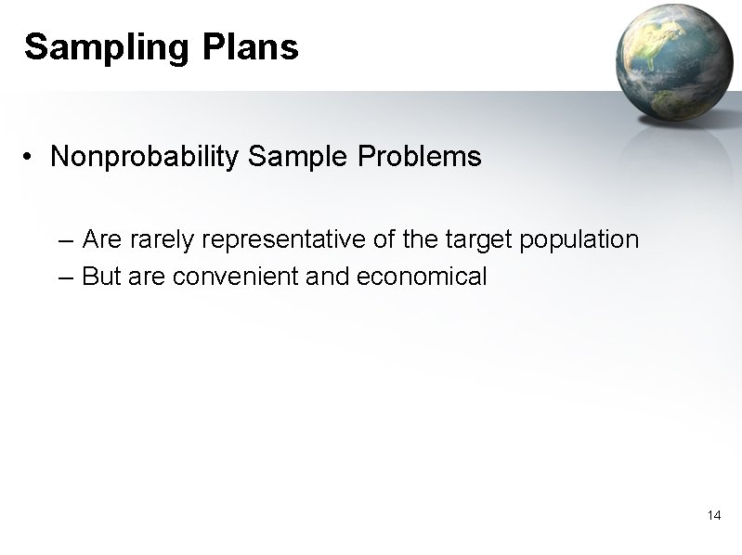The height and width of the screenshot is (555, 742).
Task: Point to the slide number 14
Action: click(714, 515)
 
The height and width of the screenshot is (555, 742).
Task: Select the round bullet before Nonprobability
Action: click(32, 158)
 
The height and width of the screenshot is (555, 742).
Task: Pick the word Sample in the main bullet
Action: click(297, 157)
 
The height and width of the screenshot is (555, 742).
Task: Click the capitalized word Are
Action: click(102, 240)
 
